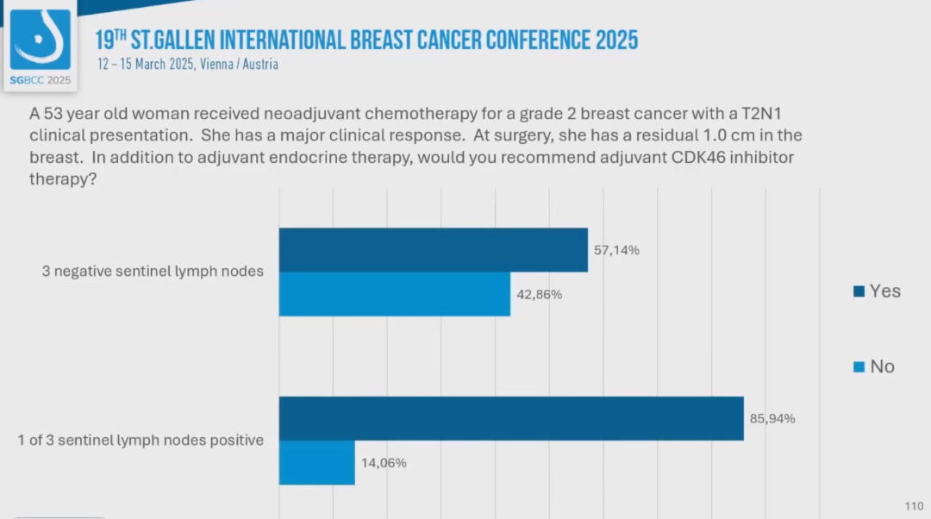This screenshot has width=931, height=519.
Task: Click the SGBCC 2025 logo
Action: [x=41, y=45]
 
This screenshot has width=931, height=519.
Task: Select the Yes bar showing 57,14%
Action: [x=433, y=250]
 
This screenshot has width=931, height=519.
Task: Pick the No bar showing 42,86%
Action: [x=394, y=294]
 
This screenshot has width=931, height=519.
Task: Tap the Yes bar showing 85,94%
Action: [x=510, y=418]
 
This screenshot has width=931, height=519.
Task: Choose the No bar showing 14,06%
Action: [x=316, y=462]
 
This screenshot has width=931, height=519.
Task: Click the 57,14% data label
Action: [x=616, y=251]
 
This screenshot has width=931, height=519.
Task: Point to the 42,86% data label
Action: [x=540, y=295]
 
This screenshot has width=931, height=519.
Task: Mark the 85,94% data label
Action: [x=772, y=419]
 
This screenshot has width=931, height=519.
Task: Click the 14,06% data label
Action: [x=384, y=463]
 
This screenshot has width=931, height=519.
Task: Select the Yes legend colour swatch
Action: [x=859, y=291]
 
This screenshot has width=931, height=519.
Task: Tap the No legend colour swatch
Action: [x=859, y=367]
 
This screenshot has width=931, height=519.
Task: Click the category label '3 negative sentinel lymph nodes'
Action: [x=153, y=271]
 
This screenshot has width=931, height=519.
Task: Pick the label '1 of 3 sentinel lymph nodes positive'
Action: [x=141, y=441]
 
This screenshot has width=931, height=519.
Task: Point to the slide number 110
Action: [x=913, y=506]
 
